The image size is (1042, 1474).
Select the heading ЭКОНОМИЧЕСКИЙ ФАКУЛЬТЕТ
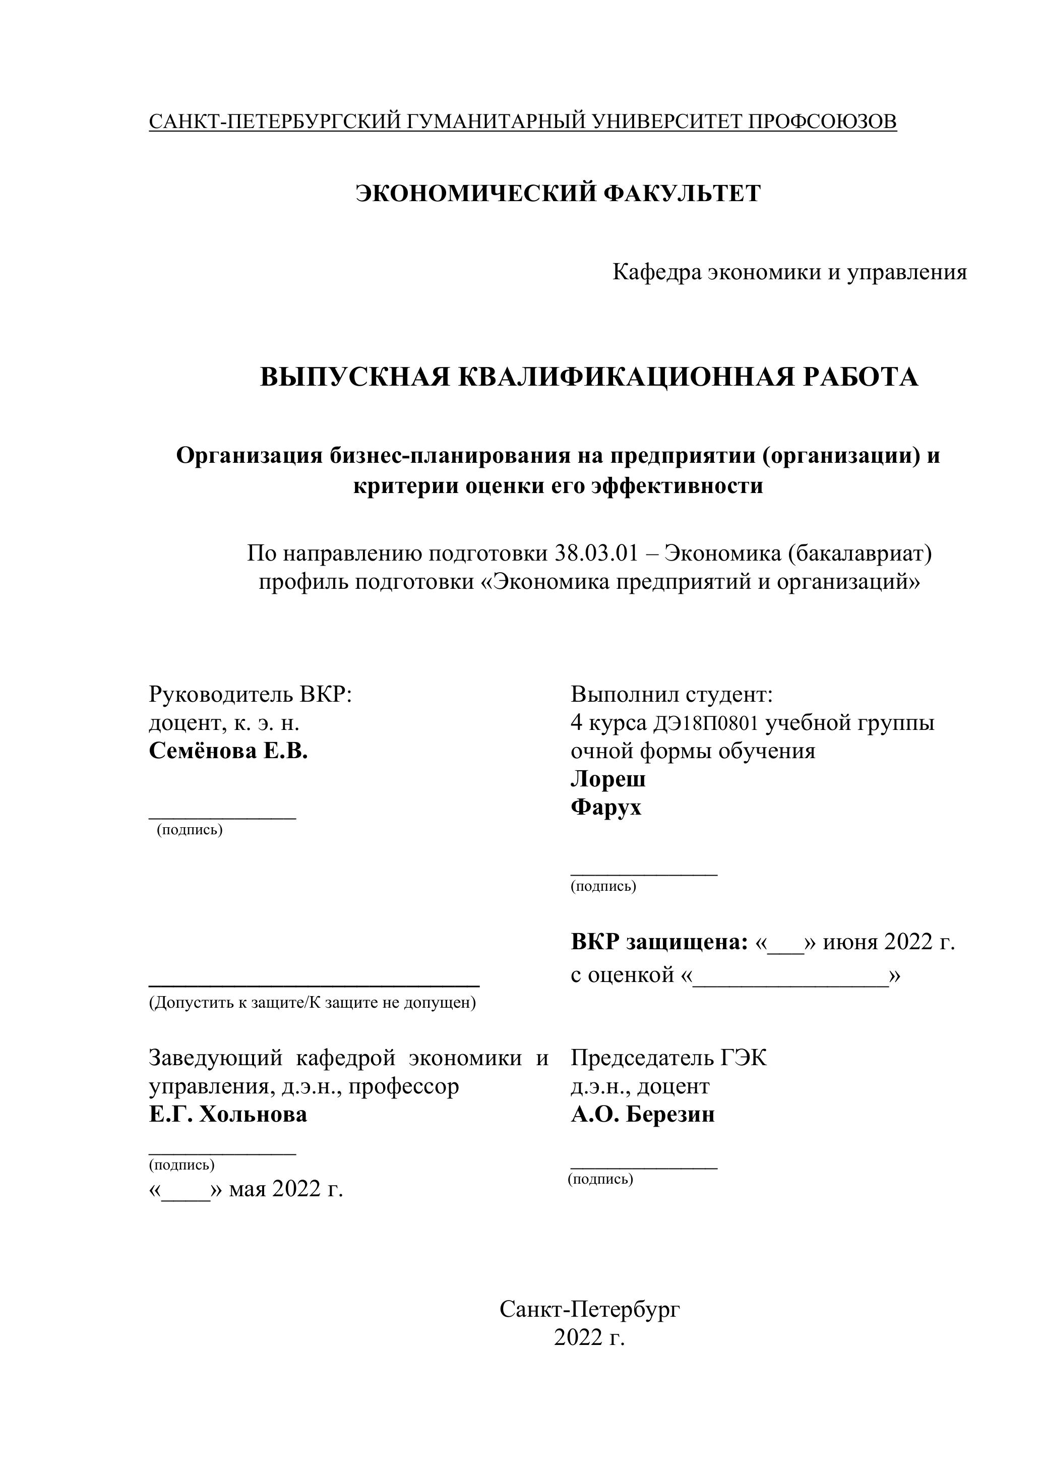pos(558,193)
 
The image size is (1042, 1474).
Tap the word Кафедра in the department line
pos(657,272)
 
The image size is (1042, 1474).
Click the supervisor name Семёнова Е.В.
pos(228,751)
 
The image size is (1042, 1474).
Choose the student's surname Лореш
pos(608,779)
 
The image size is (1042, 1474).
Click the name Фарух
pos(605,807)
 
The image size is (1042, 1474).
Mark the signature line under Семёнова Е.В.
pos(222,817)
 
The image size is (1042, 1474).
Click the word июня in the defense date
pos(850,942)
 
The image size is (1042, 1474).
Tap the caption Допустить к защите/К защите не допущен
pos(313,1003)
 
